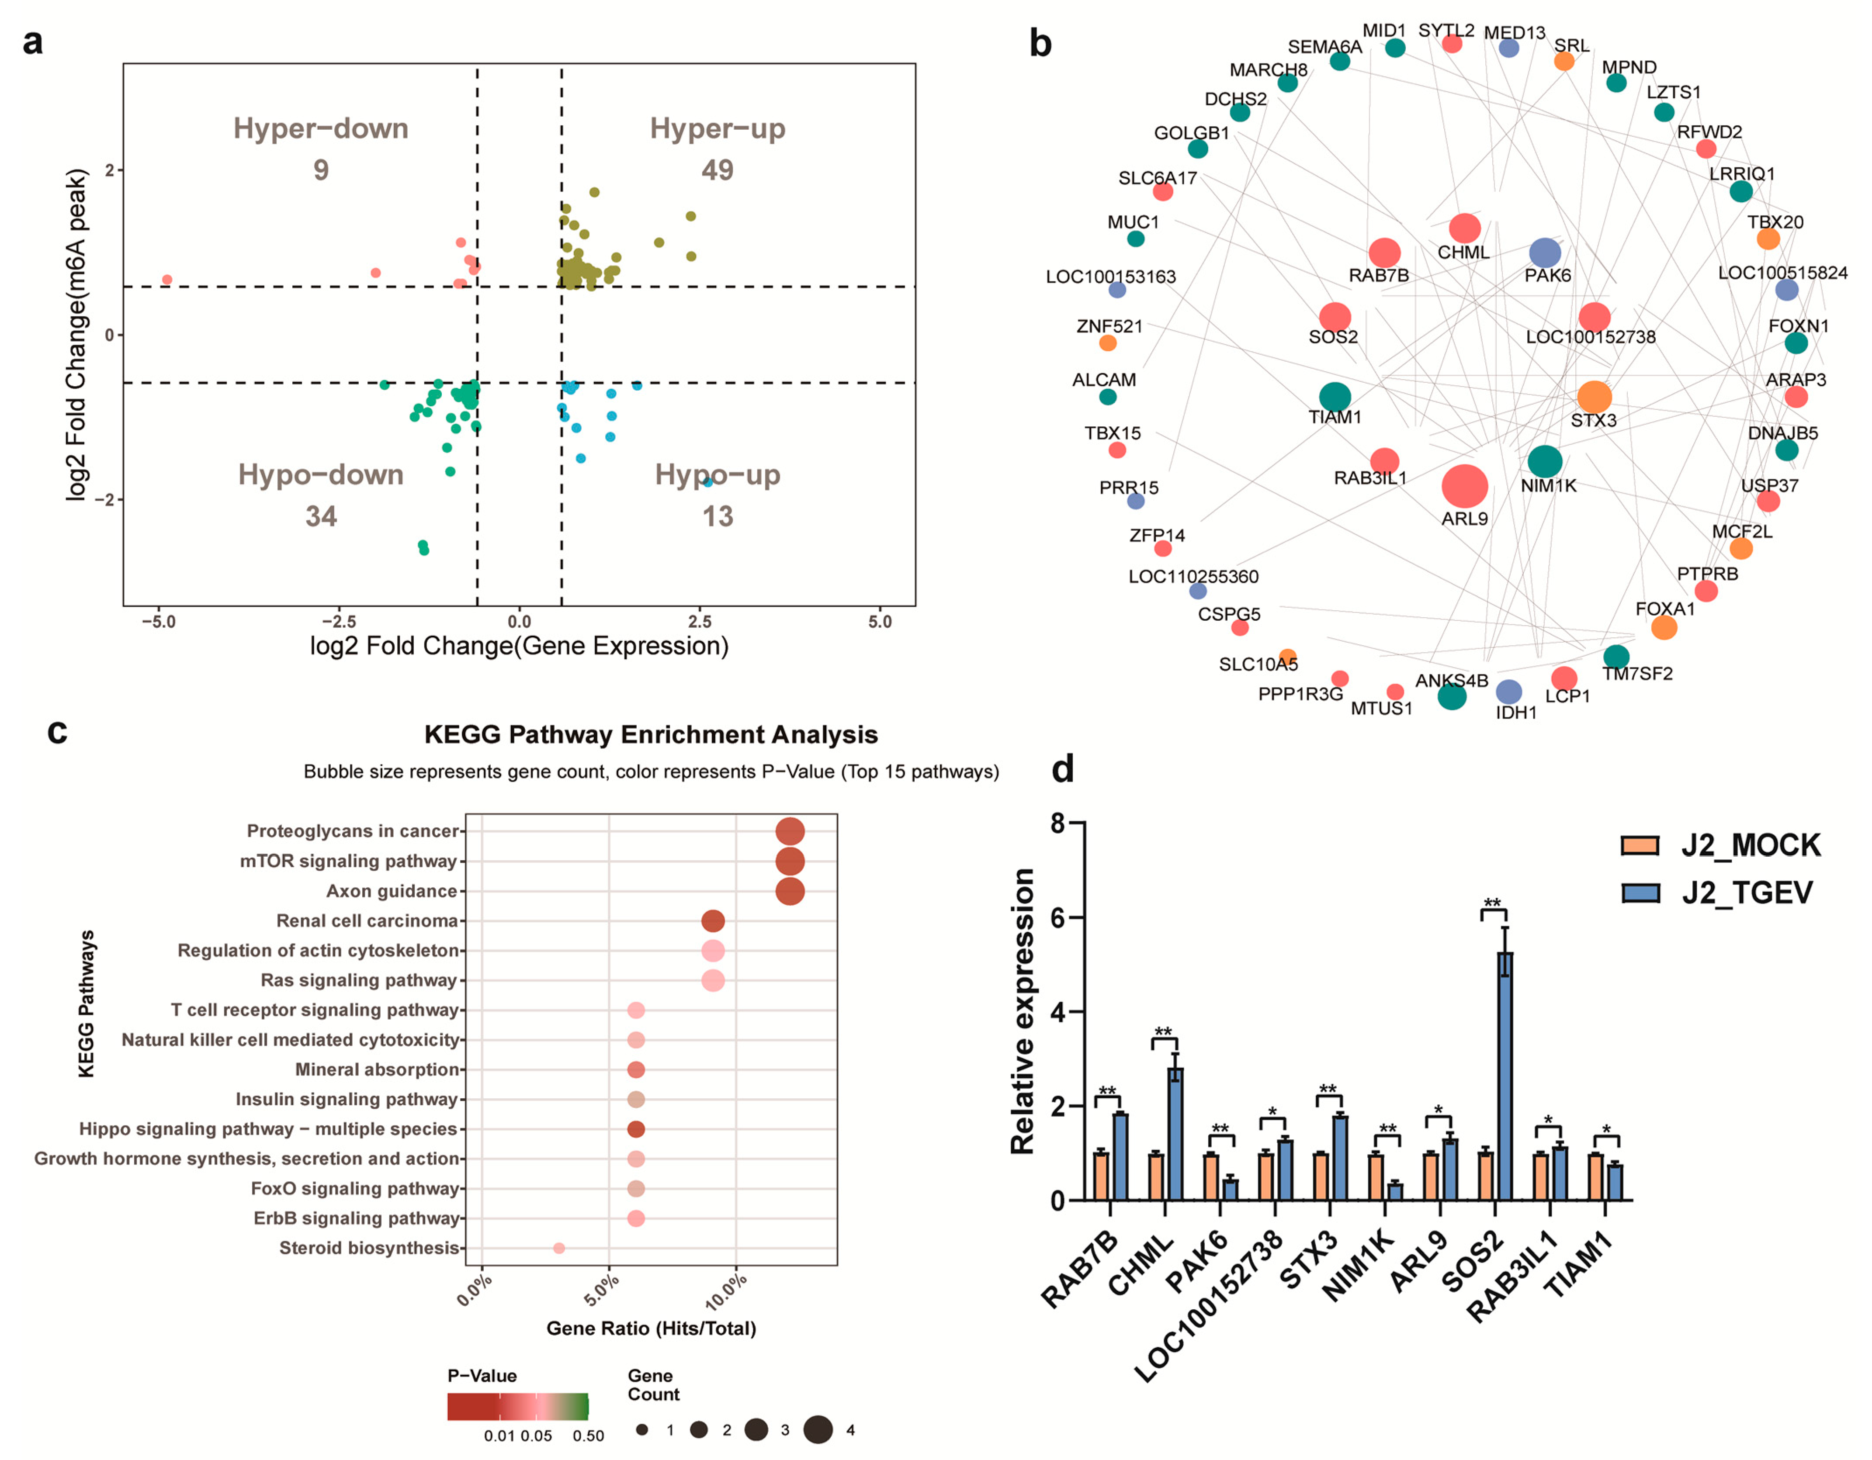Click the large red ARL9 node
[x=1464, y=486]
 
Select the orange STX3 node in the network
[x=1593, y=397]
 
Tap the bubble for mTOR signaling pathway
[x=790, y=861]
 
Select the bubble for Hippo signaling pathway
[x=635, y=1129]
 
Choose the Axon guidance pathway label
[x=392, y=891]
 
